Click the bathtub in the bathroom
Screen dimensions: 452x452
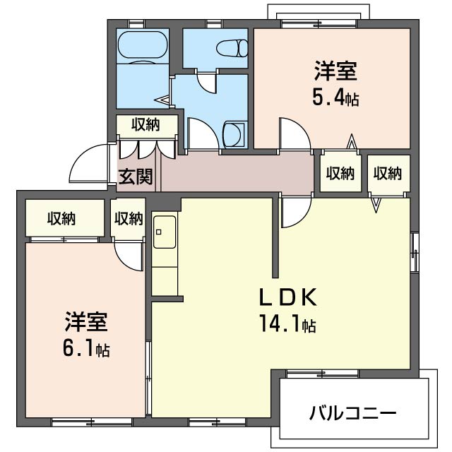pos(143,47)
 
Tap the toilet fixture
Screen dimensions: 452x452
pos(232,48)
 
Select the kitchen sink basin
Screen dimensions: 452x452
pos(165,232)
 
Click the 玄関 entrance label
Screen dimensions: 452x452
pos(135,176)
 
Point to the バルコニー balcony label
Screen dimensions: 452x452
pos(353,413)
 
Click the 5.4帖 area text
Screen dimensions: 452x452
pos(336,98)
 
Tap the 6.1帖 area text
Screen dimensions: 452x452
pos(86,349)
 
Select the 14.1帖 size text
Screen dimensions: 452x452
pos(287,323)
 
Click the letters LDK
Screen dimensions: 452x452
pos(288,297)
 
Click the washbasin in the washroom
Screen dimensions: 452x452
pos(234,134)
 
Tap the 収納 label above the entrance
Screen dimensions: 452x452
pos(146,125)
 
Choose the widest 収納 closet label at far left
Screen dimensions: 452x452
pos(61,218)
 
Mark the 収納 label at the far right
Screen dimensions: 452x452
pos(388,174)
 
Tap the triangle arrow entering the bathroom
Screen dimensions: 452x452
pos(162,100)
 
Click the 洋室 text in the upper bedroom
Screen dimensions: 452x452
pos(336,71)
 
